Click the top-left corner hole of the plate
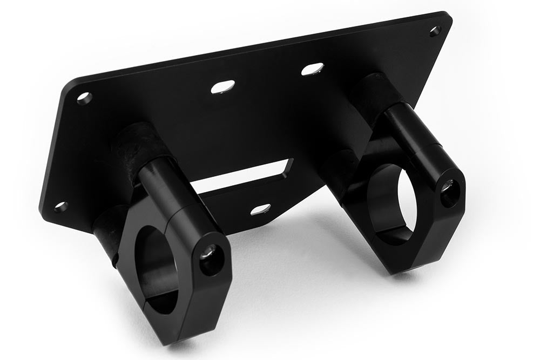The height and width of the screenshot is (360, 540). (84, 98)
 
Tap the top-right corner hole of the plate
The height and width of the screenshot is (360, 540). (435, 31)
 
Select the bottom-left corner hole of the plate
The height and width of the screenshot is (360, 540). (61, 206)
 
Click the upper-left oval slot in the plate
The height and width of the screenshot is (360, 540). (223, 87)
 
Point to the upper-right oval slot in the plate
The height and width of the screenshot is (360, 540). (312, 69)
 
